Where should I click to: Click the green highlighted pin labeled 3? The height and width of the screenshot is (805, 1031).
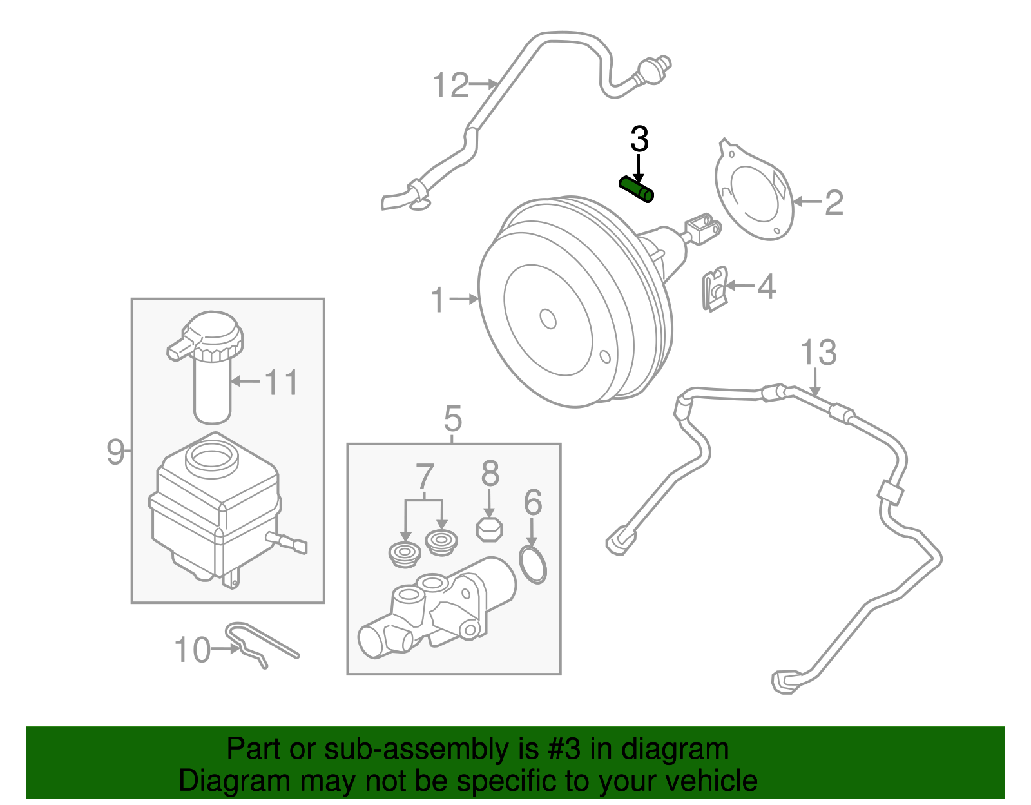[x=636, y=189]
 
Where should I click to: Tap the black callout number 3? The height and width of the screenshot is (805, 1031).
[x=639, y=139]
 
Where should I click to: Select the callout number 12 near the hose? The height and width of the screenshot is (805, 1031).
[x=450, y=86]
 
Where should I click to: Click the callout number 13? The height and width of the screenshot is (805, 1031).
[x=818, y=353]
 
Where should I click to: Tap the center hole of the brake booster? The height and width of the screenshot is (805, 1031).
[x=548, y=319]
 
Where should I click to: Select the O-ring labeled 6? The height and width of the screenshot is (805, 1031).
[x=532, y=564]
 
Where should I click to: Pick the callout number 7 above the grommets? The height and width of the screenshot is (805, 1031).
[x=425, y=477]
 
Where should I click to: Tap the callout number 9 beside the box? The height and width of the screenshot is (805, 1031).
[x=115, y=451]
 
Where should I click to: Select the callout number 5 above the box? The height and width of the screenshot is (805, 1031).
[x=453, y=419]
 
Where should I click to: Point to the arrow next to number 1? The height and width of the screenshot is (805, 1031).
[x=464, y=299]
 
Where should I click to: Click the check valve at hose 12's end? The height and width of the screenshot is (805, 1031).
[x=653, y=70]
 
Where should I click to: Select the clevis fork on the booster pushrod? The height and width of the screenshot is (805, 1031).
[x=702, y=228]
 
